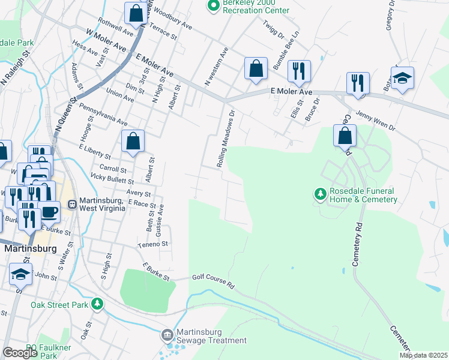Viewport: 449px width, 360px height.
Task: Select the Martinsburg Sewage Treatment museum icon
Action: click(x=168, y=334)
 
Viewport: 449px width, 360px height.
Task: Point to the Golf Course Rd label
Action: click(x=212, y=280)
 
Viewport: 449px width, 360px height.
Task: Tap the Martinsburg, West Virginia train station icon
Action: click(x=73, y=204)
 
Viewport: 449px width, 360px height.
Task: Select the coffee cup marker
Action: click(x=49, y=212)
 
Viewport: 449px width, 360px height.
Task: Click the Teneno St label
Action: click(x=154, y=245)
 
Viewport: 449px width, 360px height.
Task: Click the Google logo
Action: click(x=19, y=353)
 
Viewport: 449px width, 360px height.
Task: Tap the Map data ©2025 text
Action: click(x=423, y=355)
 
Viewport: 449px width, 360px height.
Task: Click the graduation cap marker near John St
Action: click(x=21, y=274)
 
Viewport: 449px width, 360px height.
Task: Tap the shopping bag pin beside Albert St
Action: click(x=133, y=142)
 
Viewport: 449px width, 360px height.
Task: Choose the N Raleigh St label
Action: click(x=17, y=67)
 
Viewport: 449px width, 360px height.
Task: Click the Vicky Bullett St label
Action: click(x=112, y=179)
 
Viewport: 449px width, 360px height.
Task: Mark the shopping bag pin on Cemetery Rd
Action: click(x=345, y=136)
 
